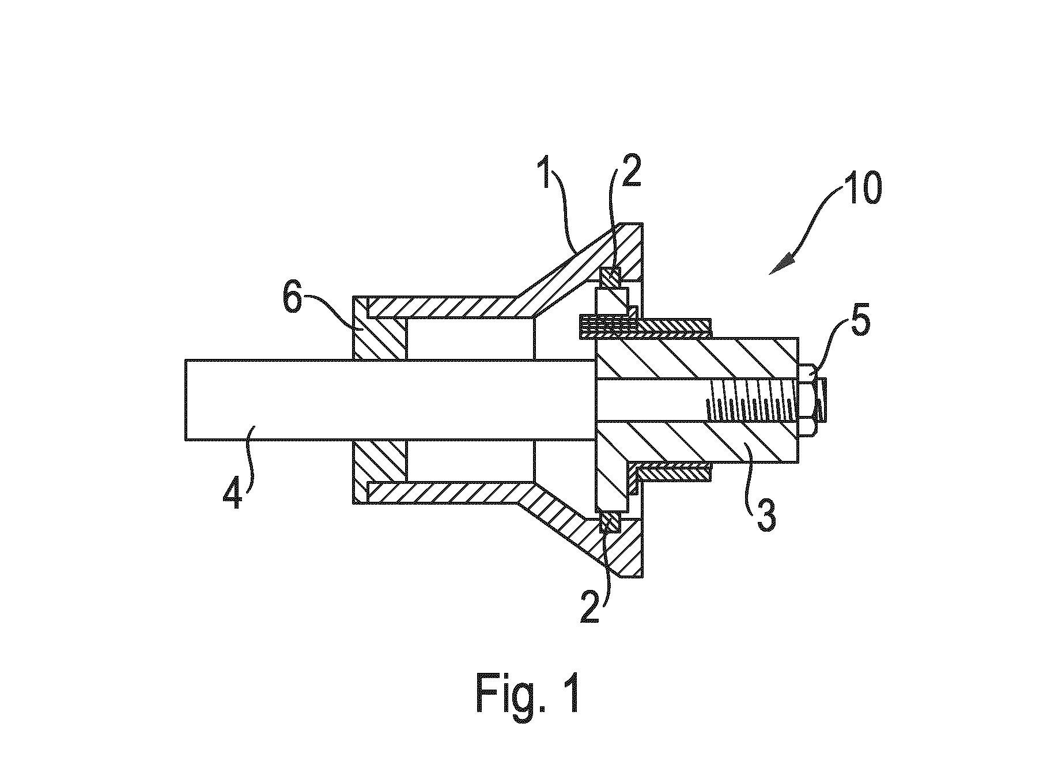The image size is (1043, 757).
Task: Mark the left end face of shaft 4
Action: pos(186,400)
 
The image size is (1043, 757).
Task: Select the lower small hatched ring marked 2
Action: pos(610,522)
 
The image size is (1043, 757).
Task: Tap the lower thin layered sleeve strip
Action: pos(672,471)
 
